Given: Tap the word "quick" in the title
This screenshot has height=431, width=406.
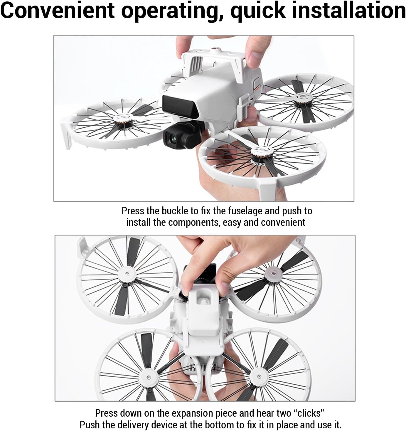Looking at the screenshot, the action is [x=258, y=11].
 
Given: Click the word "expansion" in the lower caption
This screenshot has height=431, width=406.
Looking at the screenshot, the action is [x=193, y=413].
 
